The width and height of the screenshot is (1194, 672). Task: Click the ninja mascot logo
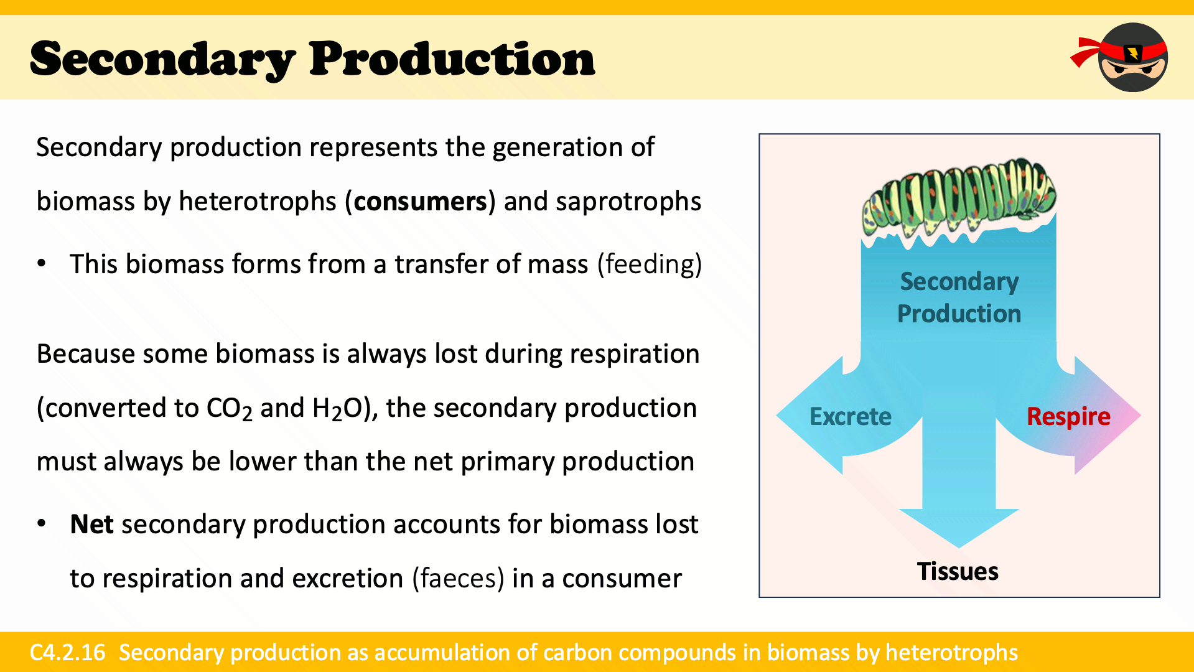pos(1120,57)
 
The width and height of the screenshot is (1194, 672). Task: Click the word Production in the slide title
pos(452,59)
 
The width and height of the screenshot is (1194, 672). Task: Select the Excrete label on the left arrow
pos(850,416)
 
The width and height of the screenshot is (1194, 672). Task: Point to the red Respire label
pos(1068,417)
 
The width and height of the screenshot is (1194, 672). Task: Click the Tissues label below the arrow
pos(958,571)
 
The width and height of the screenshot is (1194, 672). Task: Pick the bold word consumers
pos(420,202)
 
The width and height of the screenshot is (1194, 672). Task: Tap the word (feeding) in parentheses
pos(650,264)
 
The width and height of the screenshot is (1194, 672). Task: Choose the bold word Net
pos(91,524)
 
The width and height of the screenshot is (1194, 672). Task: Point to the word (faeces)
pos(458,578)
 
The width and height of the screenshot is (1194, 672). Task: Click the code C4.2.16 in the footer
pos(68,652)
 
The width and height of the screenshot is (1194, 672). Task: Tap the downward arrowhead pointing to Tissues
pos(959,528)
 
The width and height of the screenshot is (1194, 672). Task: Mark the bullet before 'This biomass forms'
pos(42,263)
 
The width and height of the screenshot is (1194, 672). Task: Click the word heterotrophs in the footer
pos(951,652)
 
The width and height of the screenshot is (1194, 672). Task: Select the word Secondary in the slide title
pos(162,60)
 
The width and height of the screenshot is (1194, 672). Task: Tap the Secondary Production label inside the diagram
pos(959,297)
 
